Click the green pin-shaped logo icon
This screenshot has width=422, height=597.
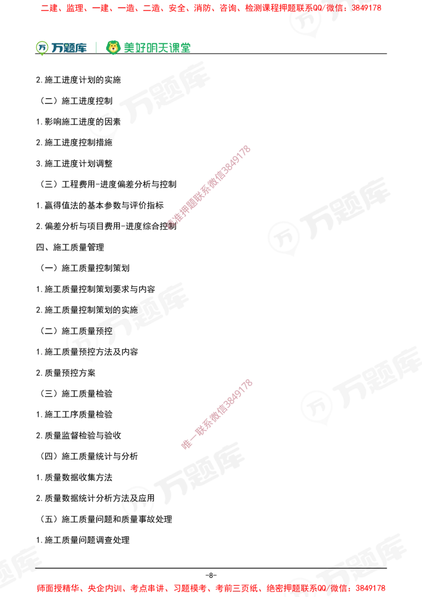click(42, 47)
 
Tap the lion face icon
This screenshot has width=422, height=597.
click(113, 47)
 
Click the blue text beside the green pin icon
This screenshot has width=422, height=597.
click(69, 48)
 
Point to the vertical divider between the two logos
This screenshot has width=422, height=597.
click(95, 46)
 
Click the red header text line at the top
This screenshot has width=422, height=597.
click(211, 8)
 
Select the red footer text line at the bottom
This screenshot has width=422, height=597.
click(211, 588)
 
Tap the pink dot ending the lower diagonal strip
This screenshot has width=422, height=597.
click(186, 445)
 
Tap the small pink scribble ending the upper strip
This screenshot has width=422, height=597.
click(170, 225)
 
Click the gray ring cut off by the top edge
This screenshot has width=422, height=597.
click(306, 19)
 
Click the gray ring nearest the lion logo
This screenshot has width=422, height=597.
click(103, 123)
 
